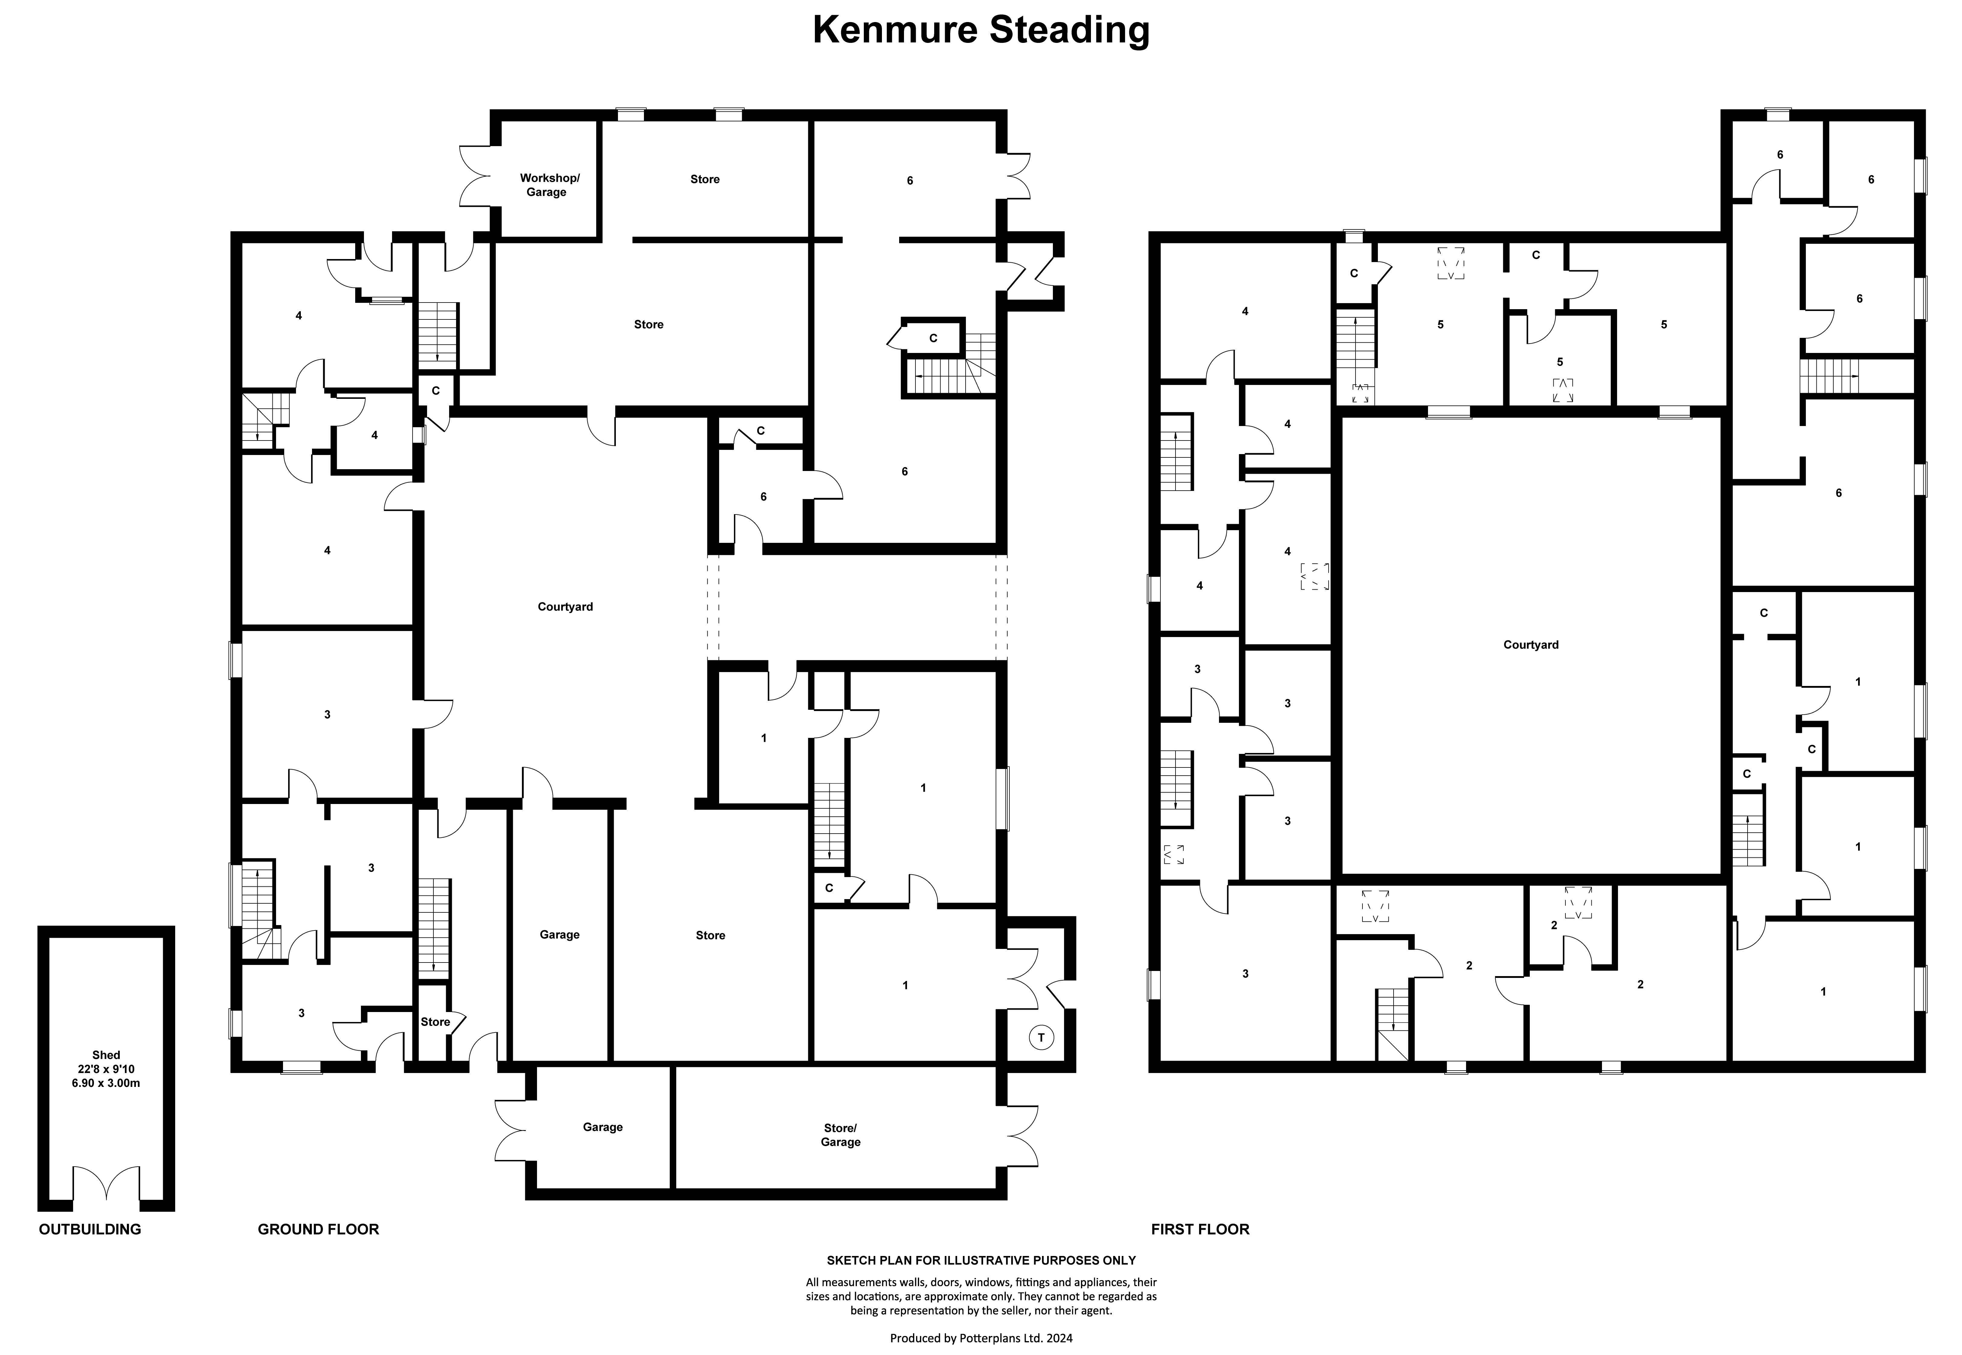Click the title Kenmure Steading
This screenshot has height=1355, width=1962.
point(981,30)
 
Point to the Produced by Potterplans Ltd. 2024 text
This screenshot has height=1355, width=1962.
point(981,1338)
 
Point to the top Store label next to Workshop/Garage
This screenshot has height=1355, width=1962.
point(705,179)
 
